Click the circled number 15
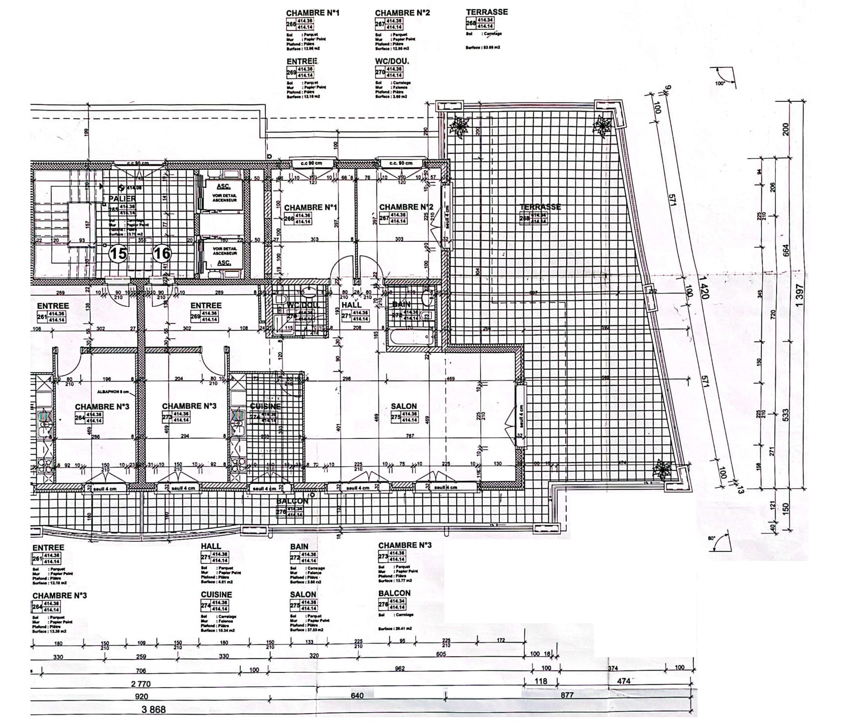118,254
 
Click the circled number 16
162,254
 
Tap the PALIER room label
122,199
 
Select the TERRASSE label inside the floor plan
540,207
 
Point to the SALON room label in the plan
404,407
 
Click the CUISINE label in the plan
265,407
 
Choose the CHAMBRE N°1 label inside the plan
310,207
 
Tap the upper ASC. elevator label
224,187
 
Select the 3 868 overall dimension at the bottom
154,710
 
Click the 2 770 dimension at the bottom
141,684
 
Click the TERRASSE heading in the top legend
487,12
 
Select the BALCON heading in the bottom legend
394,593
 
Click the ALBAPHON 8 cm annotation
113,392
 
